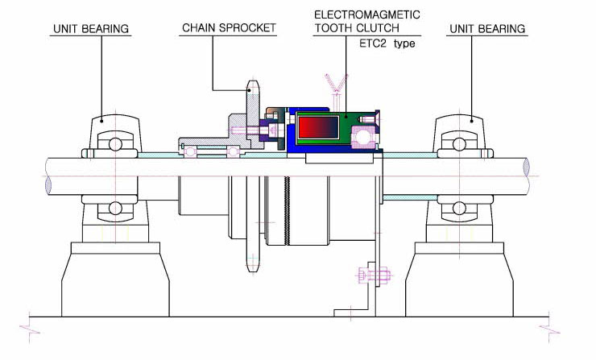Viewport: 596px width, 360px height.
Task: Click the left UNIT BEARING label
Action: point(91,29)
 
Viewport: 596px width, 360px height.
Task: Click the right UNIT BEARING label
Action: point(487,29)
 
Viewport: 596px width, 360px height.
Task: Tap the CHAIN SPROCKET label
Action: point(229,27)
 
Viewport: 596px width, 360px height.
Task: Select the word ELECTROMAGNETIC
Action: point(367,14)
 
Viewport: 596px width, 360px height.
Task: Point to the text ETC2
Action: point(372,43)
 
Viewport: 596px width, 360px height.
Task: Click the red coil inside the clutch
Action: point(318,127)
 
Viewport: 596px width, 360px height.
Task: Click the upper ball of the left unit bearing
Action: point(115,144)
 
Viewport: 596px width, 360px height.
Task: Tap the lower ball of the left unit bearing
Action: point(115,209)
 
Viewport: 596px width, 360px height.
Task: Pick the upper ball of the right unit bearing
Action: point(459,144)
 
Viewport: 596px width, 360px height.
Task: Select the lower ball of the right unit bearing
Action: point(459,209)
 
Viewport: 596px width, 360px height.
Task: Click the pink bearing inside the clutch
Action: point(364,136)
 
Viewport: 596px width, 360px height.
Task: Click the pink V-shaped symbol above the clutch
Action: point(337,83)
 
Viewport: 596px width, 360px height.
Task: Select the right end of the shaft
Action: point(527,167)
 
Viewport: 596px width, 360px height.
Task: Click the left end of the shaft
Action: point(48,185)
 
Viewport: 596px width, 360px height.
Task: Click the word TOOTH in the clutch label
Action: point(333,28)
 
